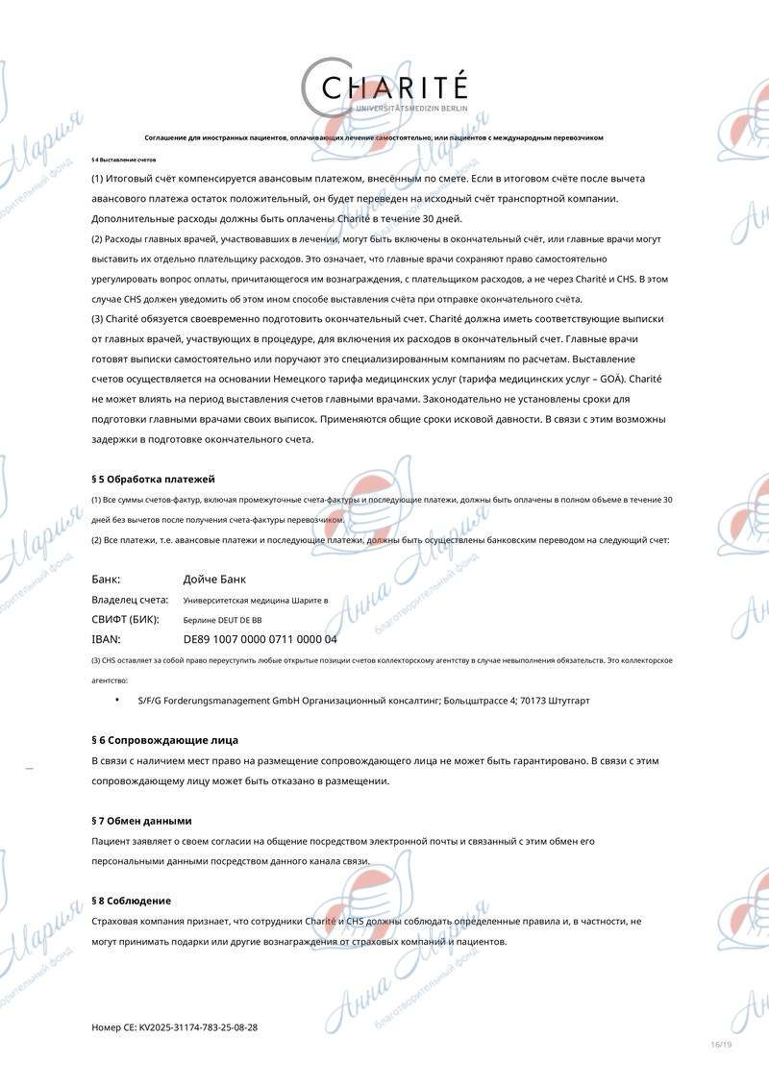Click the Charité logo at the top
(x=384, y=89)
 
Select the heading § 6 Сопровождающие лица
(x=163, y=740)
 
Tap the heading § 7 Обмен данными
(x=141, y=821)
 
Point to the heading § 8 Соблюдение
(x=131, y=901)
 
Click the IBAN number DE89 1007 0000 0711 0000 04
(x=260, y=639)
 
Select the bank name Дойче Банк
(x=214, y=580)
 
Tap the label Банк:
(x=106, y=580)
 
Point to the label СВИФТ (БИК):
(x=125, y=620)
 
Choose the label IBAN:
(x=106, y=639)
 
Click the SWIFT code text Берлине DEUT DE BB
(x=222, y=621)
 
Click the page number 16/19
(x=721, y=1045)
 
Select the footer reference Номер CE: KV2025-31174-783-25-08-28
(x=174, y=1027)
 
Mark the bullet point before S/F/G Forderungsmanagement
(x=117, y=700)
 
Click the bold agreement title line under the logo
(x=374, y=137)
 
